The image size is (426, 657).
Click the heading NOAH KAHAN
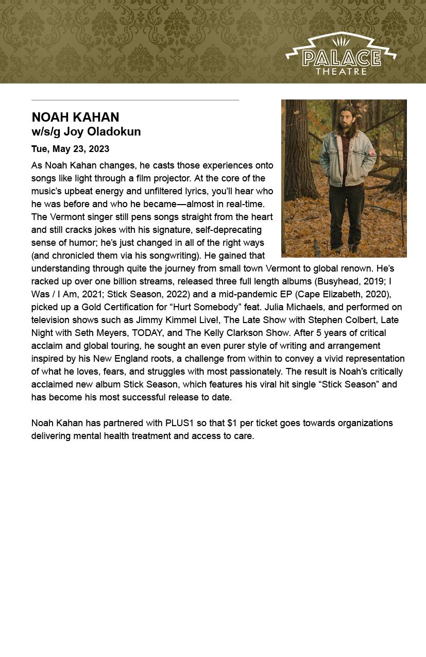[x=75, y=117]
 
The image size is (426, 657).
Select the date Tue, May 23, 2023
[x=70, y=149]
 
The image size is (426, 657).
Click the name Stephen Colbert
[x=342, y=320]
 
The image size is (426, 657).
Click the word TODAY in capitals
[x=147, y=333]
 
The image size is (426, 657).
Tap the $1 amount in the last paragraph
[x=232, y=423]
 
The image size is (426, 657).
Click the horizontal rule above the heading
[x=135, y=100]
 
